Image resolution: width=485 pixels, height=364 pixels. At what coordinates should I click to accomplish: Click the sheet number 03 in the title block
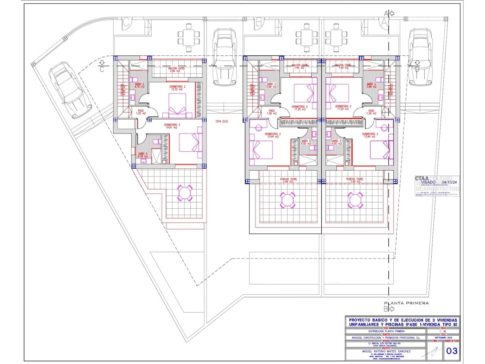[452, 351]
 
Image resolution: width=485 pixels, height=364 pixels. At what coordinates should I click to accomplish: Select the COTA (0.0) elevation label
[221, 121]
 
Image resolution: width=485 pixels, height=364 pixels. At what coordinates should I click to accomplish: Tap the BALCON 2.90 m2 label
[177, 70]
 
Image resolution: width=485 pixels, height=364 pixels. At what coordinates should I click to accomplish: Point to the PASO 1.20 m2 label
[141, 112]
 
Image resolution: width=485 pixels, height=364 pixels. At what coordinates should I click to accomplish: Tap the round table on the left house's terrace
[185, 193]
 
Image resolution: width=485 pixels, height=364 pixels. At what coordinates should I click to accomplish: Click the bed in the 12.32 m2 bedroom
[175, 106]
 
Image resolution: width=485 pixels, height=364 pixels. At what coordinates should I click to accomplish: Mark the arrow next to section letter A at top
[391, 13]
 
